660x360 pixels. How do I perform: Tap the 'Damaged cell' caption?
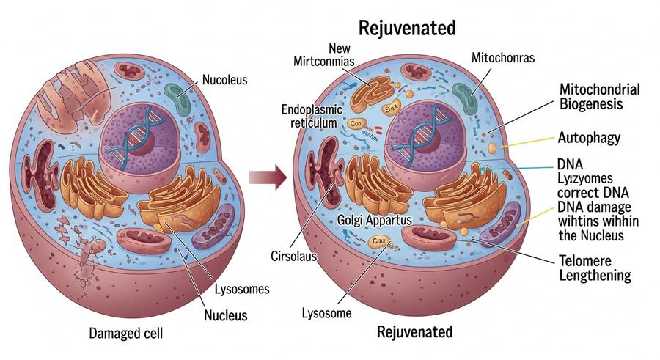(127, 334)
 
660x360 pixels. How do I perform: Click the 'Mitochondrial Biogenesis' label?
(599, 97)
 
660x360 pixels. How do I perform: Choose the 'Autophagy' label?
(589, 137)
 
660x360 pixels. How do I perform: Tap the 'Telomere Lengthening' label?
(595, 268)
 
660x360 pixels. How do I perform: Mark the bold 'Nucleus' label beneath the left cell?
(226, 316)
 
